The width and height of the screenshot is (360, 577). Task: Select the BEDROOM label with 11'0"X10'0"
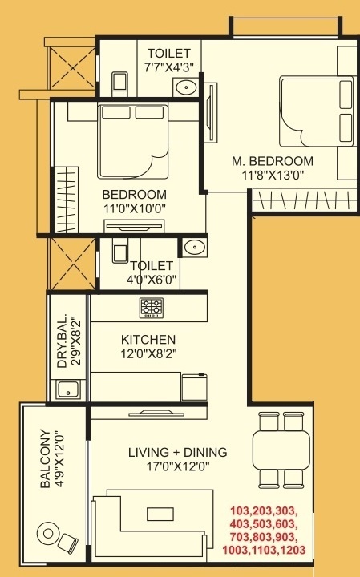[x=135, y=195]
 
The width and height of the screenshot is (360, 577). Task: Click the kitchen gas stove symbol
[x=151, y=307]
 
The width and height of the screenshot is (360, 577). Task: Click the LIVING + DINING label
[x=178, y=453]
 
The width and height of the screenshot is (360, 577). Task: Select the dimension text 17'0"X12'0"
[x=178, y=467]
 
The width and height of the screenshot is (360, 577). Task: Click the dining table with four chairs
[x=281, y=450]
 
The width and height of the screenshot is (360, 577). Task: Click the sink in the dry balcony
[x=67, y=392]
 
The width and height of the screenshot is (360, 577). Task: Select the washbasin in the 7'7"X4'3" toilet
[x=188, y=87]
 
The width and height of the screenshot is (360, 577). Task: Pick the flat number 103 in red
[x=240, y=510]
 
